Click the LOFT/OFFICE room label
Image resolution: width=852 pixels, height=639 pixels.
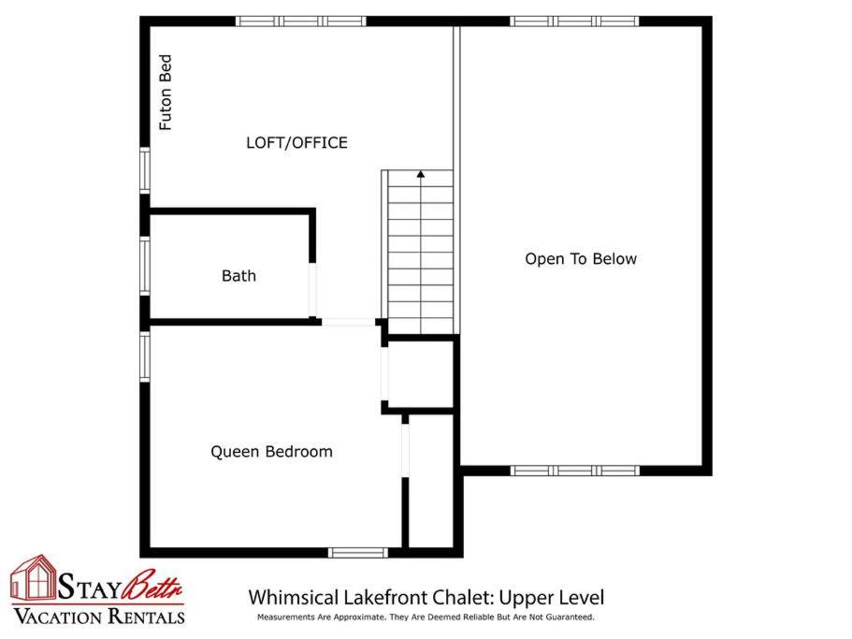[296, 143]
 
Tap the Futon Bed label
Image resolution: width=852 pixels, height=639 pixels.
[166, 93]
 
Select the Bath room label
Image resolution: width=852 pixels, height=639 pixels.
[238, 276]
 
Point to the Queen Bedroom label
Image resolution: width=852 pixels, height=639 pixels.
[271, 452]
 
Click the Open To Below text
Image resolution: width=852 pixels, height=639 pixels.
[581, 258]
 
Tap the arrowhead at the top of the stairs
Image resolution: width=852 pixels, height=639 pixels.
[421, 174]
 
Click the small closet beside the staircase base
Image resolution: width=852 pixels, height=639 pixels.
[421, 374]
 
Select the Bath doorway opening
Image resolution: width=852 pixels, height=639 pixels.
[312, 290]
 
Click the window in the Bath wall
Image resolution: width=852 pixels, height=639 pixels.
[145, 267]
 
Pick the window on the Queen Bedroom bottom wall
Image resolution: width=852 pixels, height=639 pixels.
[358, 553]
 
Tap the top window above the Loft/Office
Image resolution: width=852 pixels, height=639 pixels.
[301, 22]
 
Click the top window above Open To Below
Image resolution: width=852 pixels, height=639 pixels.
[574, 22]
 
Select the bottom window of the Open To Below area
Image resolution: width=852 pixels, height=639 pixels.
[574, 471]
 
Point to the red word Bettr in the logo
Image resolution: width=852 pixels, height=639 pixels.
[152, 586]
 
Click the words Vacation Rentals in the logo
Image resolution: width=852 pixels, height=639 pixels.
[99, 617]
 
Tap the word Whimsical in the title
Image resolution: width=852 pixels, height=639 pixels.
[294, 598]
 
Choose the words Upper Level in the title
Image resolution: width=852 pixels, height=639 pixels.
[551, 598]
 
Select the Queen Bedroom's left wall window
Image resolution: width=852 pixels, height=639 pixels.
[145, 356]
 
